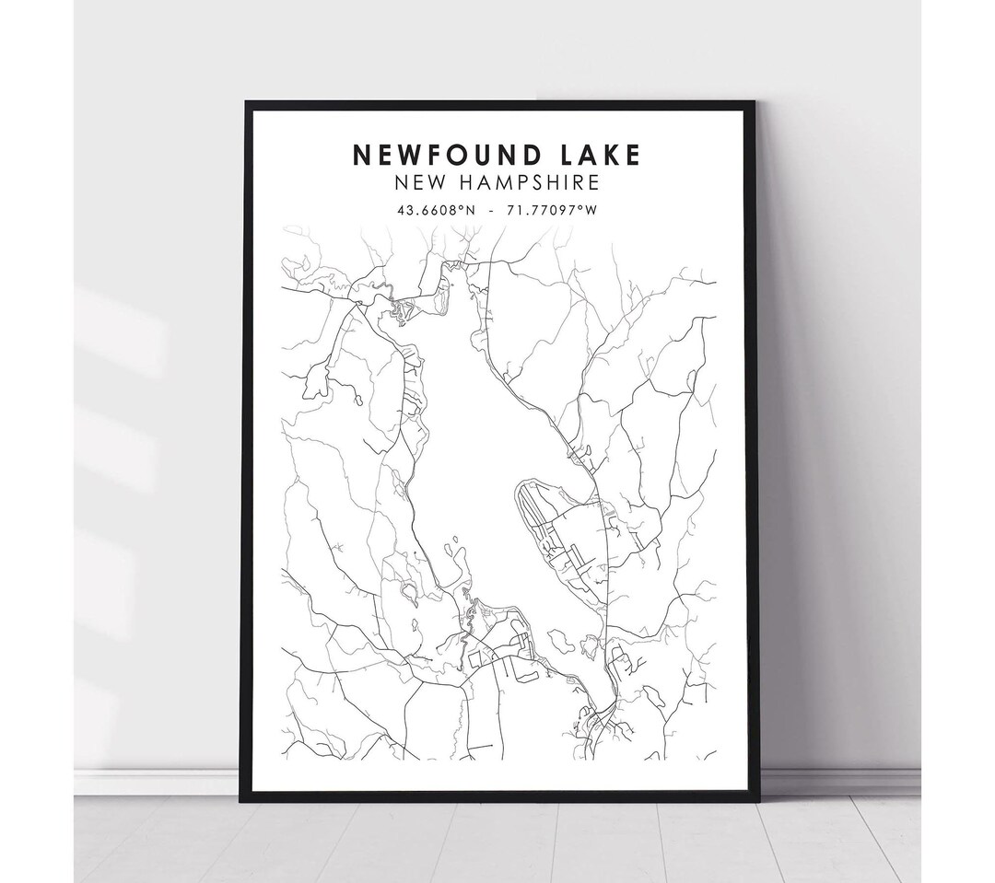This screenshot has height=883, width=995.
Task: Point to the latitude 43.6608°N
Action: (x=436, y=210)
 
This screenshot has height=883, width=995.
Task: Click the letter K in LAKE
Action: (x=609, y=155)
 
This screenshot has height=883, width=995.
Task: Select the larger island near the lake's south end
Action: (x=560, y=641)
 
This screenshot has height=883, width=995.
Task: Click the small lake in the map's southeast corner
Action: (x=654, y=697)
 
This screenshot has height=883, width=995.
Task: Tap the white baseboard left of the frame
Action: (x=157, y=782)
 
